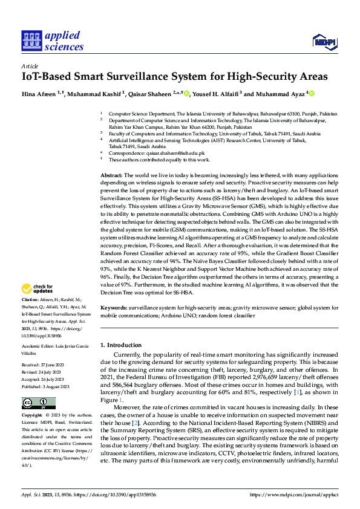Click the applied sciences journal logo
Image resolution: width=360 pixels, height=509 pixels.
tap(52, 41)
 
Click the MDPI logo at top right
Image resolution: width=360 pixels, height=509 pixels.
tap(324, 41)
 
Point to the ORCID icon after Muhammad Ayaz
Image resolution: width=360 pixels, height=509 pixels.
tap(311, 94)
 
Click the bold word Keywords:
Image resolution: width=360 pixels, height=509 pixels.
tap(114, 307)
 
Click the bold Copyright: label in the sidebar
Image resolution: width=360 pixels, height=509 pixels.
tap(32, 399)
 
